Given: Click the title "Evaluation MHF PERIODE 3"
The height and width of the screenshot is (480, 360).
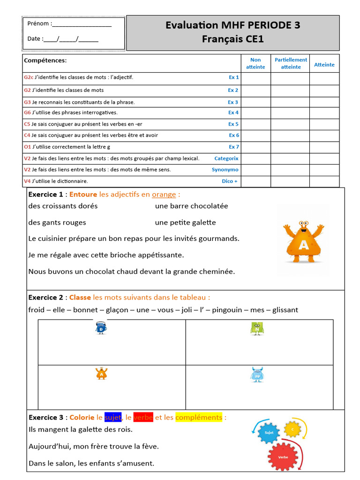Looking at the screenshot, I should pyautogui.click(x=232, y=25).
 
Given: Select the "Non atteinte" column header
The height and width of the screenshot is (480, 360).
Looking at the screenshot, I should pyautogui.click(x=255, y=63).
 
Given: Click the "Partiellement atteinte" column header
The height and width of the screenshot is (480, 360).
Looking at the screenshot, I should pyautogui.click(x=291, y=63).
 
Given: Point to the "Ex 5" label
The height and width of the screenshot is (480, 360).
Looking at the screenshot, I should pyautogui.click(x=233, y=124).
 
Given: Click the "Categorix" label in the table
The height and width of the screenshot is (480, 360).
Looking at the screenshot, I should pyautogui.click(x=226, y=158).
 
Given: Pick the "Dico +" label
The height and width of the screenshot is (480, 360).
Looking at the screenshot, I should pyautogui.click(x=229, y=181).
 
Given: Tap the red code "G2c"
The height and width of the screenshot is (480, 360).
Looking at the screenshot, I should pyautogui.click(x=29, y=77).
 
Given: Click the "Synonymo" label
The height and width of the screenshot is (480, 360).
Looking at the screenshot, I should pyautogui.click(x=225, y=170).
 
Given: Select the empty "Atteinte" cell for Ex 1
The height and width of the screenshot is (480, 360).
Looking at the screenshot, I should pyautogui.click(x=324, y=78).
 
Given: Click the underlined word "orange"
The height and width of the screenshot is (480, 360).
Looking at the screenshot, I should pyautogui.click(x=164, y=195).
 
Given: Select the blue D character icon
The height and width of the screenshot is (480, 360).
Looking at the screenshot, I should pyautogui.click(x=101, y=328).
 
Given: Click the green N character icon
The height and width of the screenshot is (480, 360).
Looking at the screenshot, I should pyautogui.click(x=257, y=329).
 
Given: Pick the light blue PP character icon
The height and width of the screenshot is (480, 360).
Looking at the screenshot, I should pyautogui.click(x=257, y=375).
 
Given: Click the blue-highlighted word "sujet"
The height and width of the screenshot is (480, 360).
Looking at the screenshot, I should pyautogui.click(x=113, y=417).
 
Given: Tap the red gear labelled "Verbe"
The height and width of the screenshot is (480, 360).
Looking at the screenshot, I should pyautogui.click(x=283, y=456).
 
